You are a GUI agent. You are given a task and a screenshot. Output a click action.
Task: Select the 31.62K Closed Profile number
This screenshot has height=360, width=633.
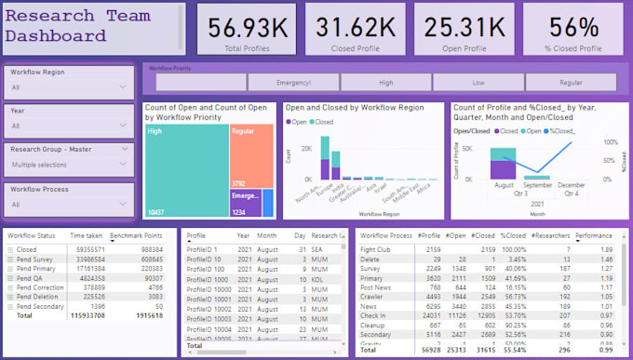(x=343, y=29)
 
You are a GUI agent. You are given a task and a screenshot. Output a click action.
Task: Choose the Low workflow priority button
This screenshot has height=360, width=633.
(x=478, y=83)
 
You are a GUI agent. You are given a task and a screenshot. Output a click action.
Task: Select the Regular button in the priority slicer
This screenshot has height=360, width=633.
(x=571, y=83)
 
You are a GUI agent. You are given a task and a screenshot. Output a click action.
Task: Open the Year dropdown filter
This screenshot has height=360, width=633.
(x=68, y=126)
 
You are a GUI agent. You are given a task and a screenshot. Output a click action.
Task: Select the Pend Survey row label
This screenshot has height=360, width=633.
(x=34, y=260)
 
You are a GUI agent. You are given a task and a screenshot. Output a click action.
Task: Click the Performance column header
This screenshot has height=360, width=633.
(x=594, y=236)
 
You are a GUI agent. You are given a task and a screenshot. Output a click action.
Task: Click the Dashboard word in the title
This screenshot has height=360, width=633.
(x=56, y=36)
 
